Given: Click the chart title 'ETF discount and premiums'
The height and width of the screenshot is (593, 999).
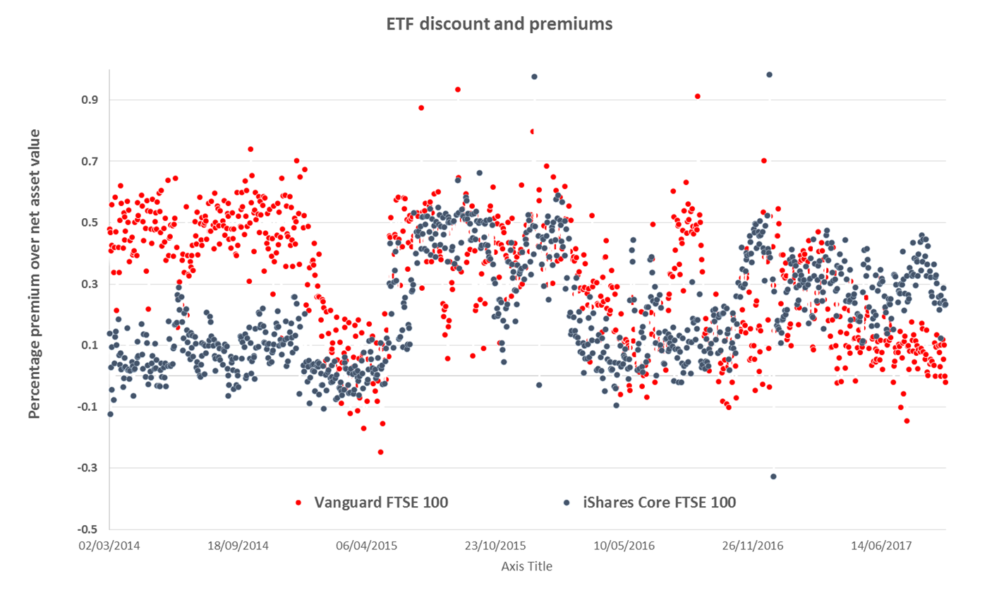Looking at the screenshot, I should [x=499, y=24].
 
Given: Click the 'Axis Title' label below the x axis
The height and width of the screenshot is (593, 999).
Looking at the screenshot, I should [x=526, y=566].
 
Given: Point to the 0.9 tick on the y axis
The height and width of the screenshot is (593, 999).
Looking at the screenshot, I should [x=89, y=100].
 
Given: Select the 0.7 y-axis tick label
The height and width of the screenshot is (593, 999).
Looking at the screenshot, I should [x=89, y=161].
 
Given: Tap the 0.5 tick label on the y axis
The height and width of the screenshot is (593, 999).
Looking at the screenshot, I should [x=89, y=222].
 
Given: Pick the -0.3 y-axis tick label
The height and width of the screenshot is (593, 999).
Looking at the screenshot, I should [x=87, y=468].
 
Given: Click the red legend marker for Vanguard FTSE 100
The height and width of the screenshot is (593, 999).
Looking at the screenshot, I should [x=298, y=503].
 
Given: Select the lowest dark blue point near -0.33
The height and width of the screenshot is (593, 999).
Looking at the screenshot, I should [x=773, y=477].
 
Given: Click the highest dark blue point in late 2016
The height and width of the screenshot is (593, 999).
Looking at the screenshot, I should [x=769, y=74].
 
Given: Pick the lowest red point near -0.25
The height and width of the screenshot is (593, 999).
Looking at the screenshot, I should [x=380, y=452].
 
